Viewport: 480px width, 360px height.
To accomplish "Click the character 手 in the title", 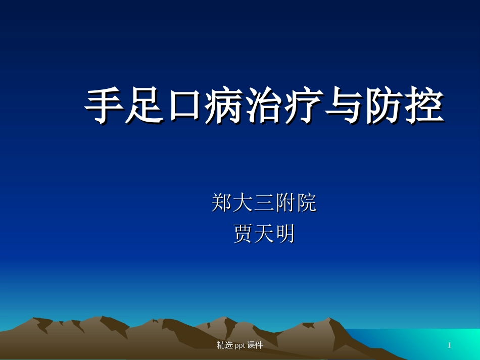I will pos(104,107).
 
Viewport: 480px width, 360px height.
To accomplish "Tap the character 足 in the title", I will pos(144,107).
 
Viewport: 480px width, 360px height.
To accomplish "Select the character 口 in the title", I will pos(184,107).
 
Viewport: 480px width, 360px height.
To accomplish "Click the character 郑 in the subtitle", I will pos(222,203).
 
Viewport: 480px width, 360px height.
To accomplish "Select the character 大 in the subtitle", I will pos(243,203).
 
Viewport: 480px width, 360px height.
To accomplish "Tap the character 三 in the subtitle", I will pos(264,203).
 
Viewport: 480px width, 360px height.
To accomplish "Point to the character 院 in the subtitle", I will pos(306,203).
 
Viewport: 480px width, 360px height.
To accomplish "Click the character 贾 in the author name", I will pos(243,234).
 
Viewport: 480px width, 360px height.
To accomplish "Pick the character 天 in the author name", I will pos(264,234).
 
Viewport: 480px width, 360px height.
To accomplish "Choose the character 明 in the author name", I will pos(285,234).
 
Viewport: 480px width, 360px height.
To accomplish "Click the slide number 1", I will pos(449,345).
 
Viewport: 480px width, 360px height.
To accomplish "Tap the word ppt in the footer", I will pos(241,345).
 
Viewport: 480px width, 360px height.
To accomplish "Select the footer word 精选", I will pos(225,345).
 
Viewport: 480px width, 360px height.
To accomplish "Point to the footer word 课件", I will pos(256,345).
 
